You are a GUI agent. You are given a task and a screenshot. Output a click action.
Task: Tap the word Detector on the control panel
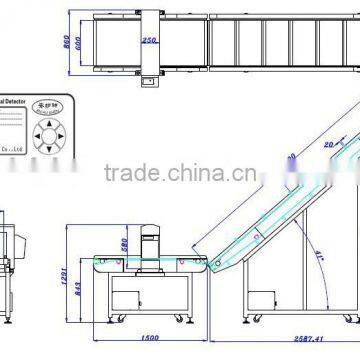19,100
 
